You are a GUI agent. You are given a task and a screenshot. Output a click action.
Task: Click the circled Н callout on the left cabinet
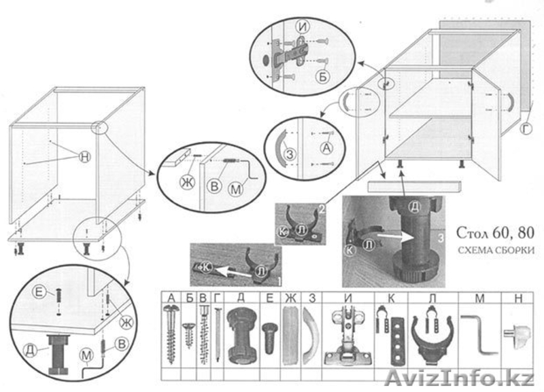coord(84,156)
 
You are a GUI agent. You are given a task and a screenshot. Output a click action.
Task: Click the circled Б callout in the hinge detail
coord(324,75)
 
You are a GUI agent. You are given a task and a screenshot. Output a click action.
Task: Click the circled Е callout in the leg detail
coord(39,292)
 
